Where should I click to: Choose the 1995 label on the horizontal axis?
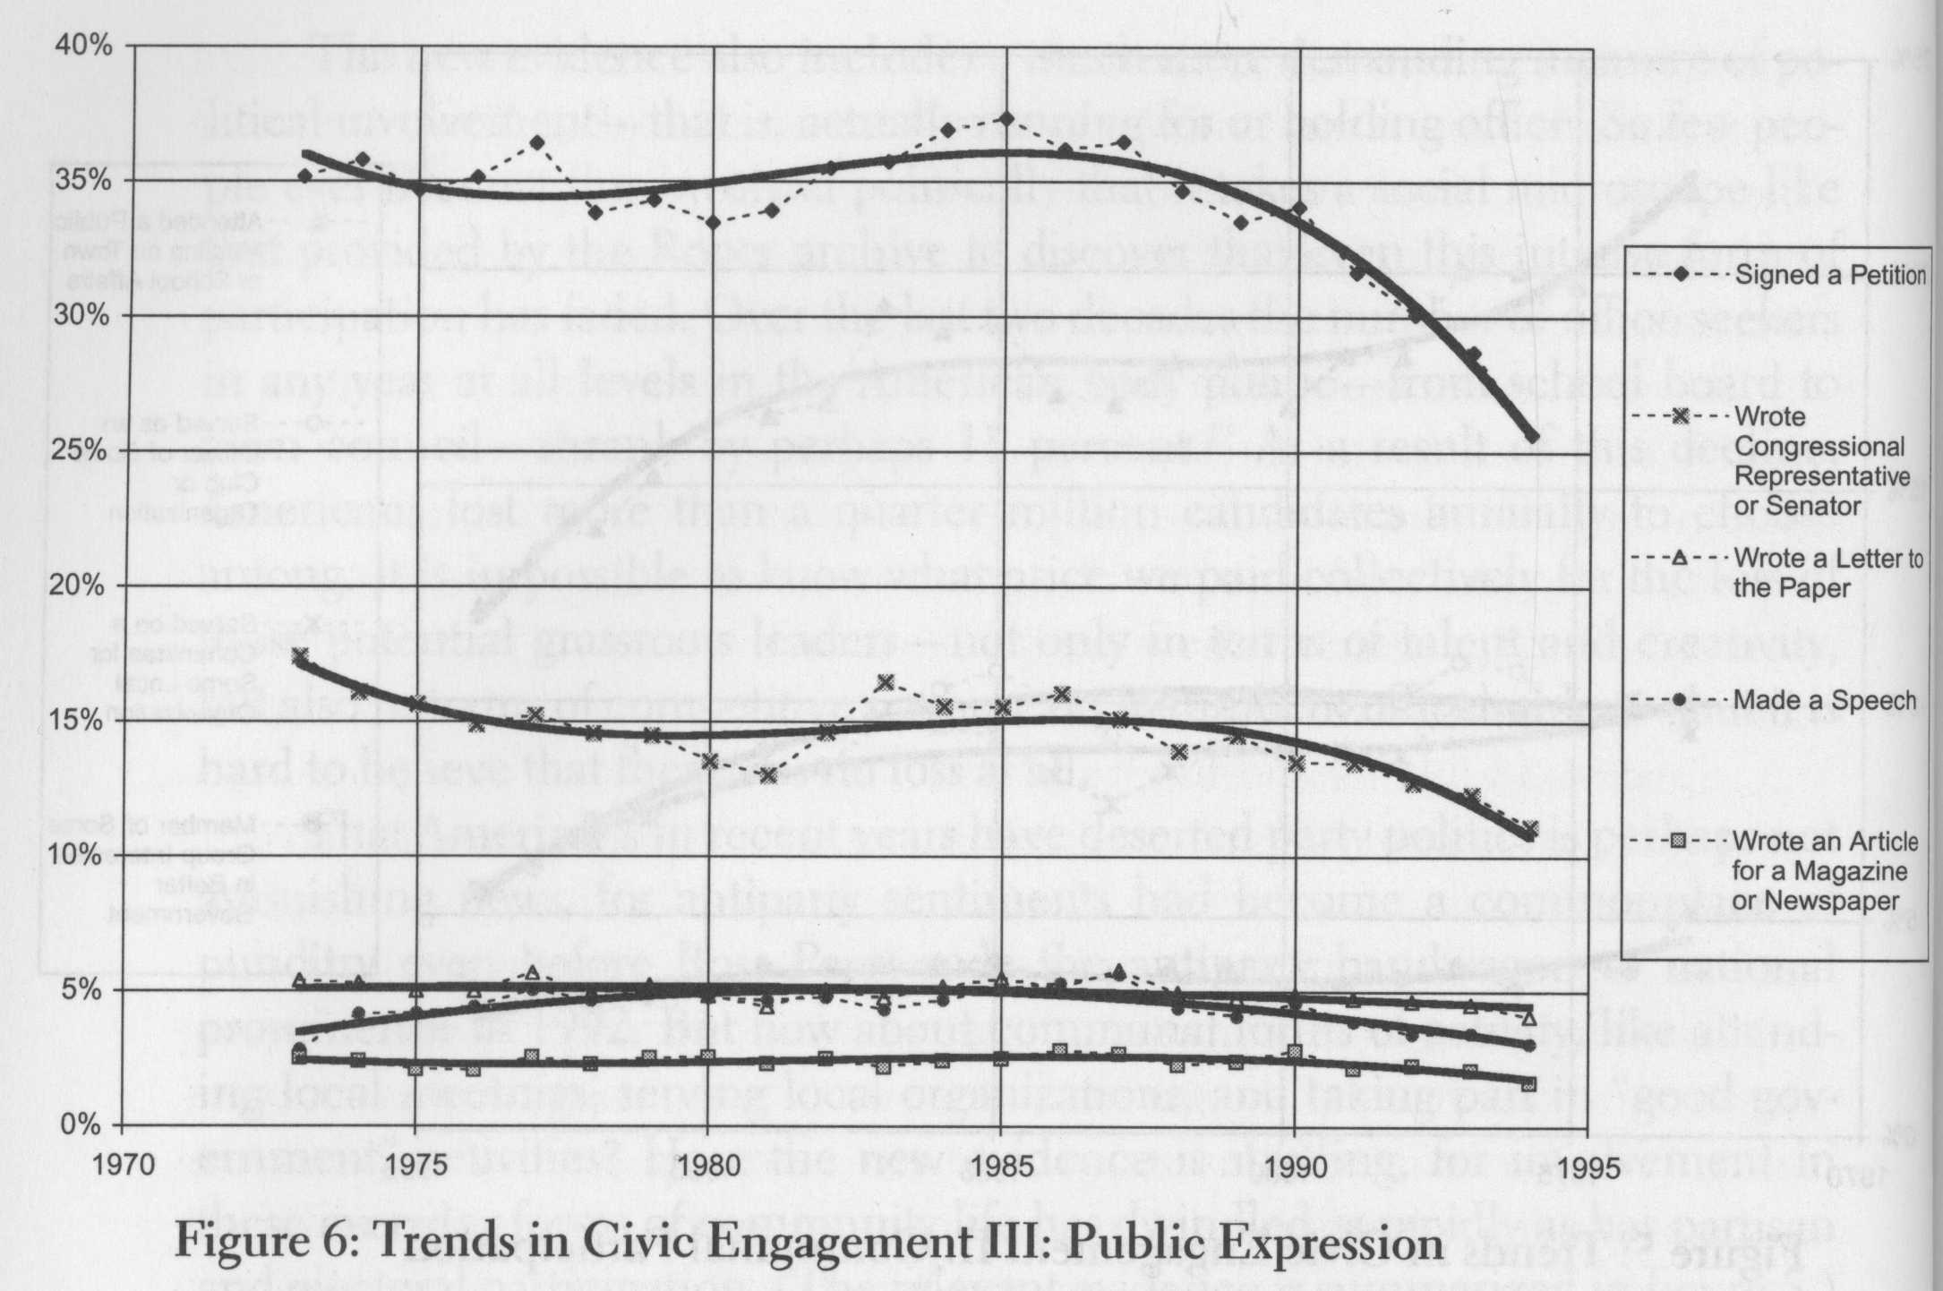tap(1588, 1168)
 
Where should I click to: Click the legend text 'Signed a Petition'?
tap(1830, 275)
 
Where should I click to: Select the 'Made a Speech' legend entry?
tap(1825, 700)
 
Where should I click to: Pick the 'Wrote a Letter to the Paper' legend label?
tap(1827, 573)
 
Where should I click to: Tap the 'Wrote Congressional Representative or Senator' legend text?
tap(1821, 461)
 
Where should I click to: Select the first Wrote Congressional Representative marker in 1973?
tap(301, 656)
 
